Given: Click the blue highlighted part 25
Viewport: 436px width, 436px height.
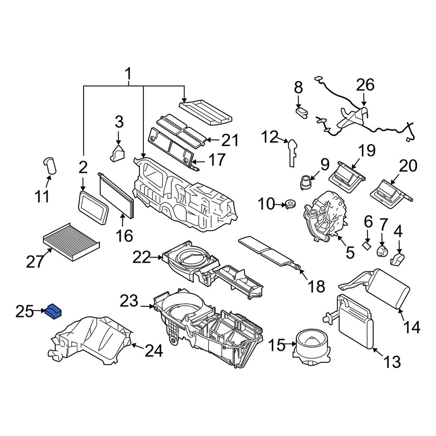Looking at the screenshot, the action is tap(54, 311).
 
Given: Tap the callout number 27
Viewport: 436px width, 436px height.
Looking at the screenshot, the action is tap(35, 262).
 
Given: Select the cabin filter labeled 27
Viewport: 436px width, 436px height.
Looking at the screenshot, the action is tap(72, 242).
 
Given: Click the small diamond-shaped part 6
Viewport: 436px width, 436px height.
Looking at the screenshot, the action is tap(367, 245).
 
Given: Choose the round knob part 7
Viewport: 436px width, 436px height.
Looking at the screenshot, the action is tap(382, 251).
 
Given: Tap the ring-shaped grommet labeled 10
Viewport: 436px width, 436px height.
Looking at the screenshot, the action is tap(289, 204).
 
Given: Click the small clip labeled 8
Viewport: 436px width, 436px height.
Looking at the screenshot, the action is tap(302, 112).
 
